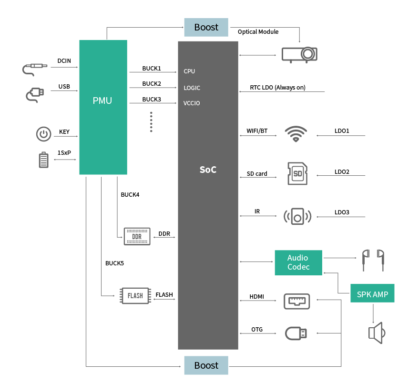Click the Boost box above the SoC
click(x=206, y=27)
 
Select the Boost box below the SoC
click(x=206, y=365)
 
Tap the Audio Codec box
click(x=298, y=262)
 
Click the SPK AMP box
click(x=372, y=294)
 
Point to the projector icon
click(x=299, y=54)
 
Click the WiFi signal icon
click(x=296, y=134)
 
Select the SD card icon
click(x=297, y=173)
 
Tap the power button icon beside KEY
click(x=44, y=134)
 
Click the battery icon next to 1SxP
click(x=43, y=160)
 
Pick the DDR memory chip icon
click(x=137, y=236)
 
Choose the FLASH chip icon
click(x=135, y=295)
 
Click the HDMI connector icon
click(x=297, y=301)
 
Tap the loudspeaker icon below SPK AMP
click(x=376, y=333)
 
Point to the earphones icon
click(x=372, y=260)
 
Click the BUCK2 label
click(x=152, y=83)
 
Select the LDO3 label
click(x=342, y=212)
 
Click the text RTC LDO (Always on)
click(x=277, y=88)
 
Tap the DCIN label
click(x=64, y=61)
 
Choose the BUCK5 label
click(x=115, y=263)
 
